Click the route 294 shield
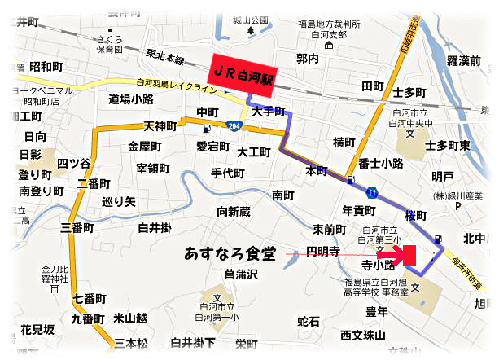coord(234,127)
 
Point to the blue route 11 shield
coord(371,193)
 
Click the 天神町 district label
coord(160,126)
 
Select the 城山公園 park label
coord(249,19)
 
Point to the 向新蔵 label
coord(234,212)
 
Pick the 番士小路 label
coord(381,164)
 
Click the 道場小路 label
coord(130,99)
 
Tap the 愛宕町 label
coord(213,147)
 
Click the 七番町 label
coord(89,299)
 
